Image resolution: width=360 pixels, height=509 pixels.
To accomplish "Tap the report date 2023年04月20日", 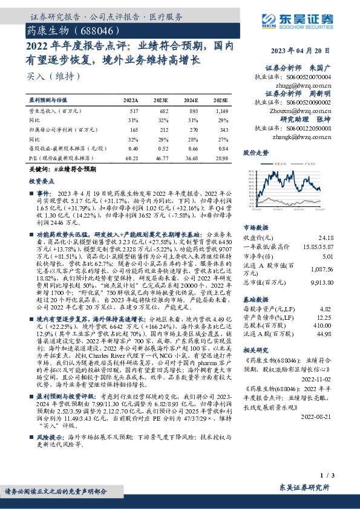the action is coord(311,51).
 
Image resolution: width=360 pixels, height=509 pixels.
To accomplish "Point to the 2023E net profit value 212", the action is coord(162,129).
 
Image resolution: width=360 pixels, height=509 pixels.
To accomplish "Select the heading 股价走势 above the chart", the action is coord(255,154).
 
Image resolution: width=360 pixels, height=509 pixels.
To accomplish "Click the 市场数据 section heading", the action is coord(255,228).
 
